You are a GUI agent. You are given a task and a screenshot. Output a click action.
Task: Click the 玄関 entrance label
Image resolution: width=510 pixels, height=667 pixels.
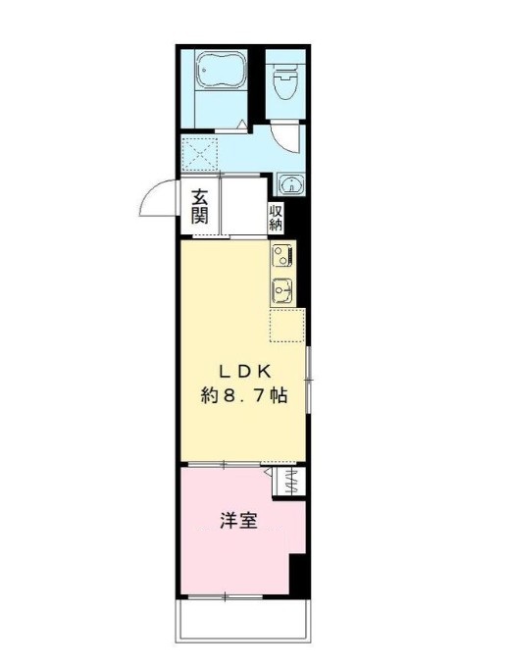pos(199,205)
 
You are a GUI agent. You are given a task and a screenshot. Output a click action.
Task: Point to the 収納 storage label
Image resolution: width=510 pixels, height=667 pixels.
pos(278,217)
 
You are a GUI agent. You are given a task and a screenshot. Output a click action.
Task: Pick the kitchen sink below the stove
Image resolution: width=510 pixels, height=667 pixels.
pos(282,290)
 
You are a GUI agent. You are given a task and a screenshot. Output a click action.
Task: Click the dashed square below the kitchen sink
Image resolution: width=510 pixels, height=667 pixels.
pos(287,325)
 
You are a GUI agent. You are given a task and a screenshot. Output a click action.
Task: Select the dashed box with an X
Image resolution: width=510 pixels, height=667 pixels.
pos(201,153)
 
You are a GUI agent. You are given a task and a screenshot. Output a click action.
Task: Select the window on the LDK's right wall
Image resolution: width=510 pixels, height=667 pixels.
pos(308,378)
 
